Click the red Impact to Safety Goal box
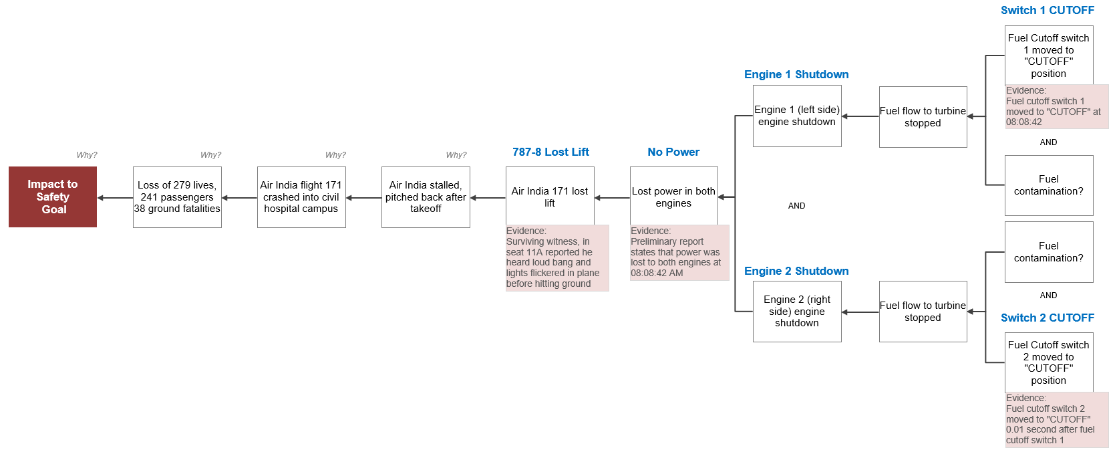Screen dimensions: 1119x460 (53, 197)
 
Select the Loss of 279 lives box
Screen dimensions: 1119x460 (177, 197)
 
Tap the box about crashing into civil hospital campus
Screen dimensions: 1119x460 (301, 197)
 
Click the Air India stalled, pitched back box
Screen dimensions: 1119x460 (426, 197)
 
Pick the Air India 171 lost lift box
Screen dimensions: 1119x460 (550, 196)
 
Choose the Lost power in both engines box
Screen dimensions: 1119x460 (674, 196)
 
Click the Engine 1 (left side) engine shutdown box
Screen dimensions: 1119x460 (797, 116)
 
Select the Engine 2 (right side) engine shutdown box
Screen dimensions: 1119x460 (797, 312)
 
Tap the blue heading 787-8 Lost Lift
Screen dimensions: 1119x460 (550, 152)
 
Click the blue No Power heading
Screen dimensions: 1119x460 (673, 152)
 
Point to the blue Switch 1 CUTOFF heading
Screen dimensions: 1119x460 (1048, 11)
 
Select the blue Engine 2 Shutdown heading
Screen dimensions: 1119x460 (796, 271)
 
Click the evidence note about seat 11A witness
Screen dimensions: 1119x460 (557, 257)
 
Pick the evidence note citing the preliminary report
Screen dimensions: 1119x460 (679, 252)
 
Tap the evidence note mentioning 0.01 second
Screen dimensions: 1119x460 (1057, 419)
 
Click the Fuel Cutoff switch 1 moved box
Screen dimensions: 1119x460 (1049, 55)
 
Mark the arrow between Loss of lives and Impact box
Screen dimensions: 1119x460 (116, 198)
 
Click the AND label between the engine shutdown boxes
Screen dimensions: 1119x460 (797, 205)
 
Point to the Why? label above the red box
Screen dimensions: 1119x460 (87, 155)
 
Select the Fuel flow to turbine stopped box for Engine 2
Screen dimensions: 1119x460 (923, 312)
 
